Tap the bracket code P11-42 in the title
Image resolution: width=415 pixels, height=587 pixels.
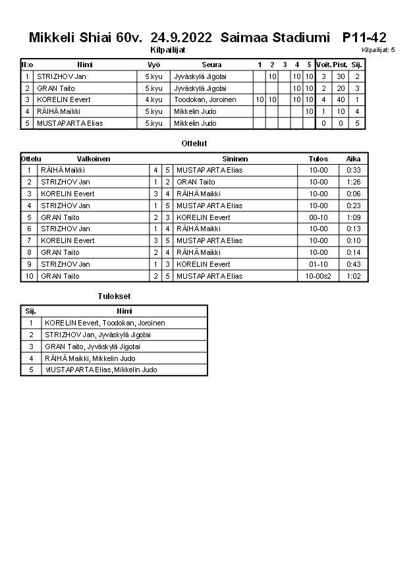point(364,38)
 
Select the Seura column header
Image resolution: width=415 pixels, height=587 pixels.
point(211,65)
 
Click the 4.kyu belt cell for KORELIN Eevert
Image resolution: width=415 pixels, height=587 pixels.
point(153,99)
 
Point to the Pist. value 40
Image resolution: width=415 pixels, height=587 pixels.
point(341,99)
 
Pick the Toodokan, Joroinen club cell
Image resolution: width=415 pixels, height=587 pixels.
point(206,99)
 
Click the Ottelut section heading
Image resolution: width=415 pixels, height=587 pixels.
point(194,143)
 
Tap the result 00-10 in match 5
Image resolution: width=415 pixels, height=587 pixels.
point(318,217)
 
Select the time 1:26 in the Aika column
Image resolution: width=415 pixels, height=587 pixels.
point(353,182)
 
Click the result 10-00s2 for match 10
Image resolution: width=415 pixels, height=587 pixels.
point(318,276)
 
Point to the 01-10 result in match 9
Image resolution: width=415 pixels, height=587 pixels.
point(318,264)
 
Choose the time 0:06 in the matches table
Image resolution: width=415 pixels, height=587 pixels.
point(353,194)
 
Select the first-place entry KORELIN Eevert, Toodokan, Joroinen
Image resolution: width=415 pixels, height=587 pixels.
point(105,323)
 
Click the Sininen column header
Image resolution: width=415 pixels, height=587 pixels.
point(235,159)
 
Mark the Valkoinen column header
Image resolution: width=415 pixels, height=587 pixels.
point(94,159)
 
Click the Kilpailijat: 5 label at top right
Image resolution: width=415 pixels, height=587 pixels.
point(378,50)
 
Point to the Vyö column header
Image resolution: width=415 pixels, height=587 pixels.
point(153,65)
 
